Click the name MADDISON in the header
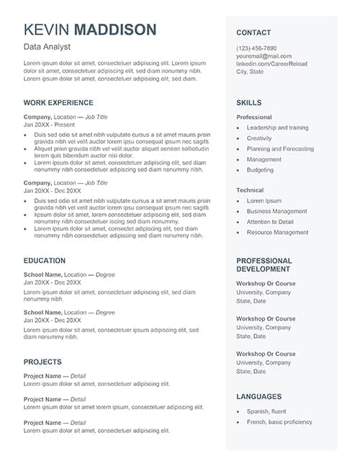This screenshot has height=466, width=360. point(115,30)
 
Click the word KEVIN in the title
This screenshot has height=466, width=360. point(47,30)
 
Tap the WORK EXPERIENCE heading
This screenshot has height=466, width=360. point(58,103)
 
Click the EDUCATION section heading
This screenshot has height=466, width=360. point(45,261)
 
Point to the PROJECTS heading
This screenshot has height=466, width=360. point(42,362)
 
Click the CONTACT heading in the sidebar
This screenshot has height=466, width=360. point(253,32)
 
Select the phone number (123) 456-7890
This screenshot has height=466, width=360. point(256,48)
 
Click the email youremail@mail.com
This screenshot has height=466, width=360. point(264,56)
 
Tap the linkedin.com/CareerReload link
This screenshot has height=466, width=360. point(272,64)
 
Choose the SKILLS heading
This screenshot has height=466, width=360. point(249,103)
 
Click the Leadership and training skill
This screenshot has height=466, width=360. point(277,127)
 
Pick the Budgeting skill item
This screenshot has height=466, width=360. point(260,170)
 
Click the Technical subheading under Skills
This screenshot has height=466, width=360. point(250,190)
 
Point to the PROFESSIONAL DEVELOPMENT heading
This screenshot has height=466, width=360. point(264,264)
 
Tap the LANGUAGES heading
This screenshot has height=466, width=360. point(259,397)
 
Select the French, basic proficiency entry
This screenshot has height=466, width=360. point(279,422)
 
